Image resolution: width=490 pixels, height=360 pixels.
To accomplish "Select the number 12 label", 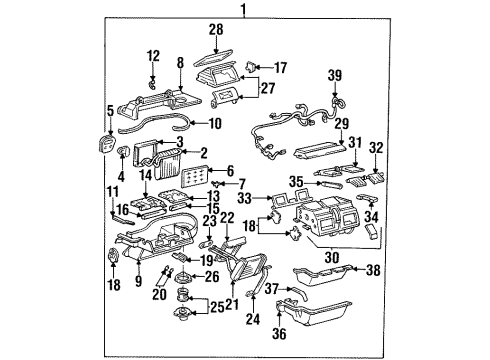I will point(152,54).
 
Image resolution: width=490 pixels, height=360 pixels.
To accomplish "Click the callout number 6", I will point(231,171).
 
